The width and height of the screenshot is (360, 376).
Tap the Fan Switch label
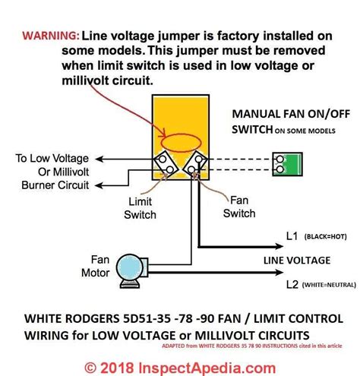[239, 206]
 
